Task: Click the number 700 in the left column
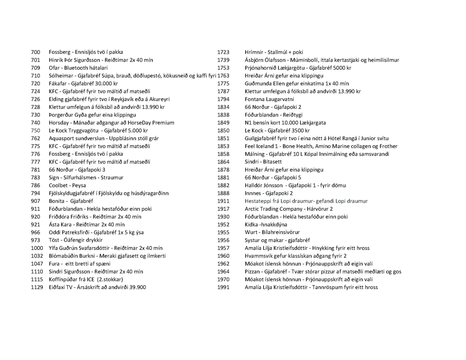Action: point(35,52)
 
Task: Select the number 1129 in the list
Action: point(37,287)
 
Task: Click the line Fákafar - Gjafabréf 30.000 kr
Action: point(83,84)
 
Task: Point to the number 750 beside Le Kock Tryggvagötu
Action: point(35,131)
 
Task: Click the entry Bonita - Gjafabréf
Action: point(71,201)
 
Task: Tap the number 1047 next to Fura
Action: point(37,264)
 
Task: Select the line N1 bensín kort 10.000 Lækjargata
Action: point(285,123)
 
